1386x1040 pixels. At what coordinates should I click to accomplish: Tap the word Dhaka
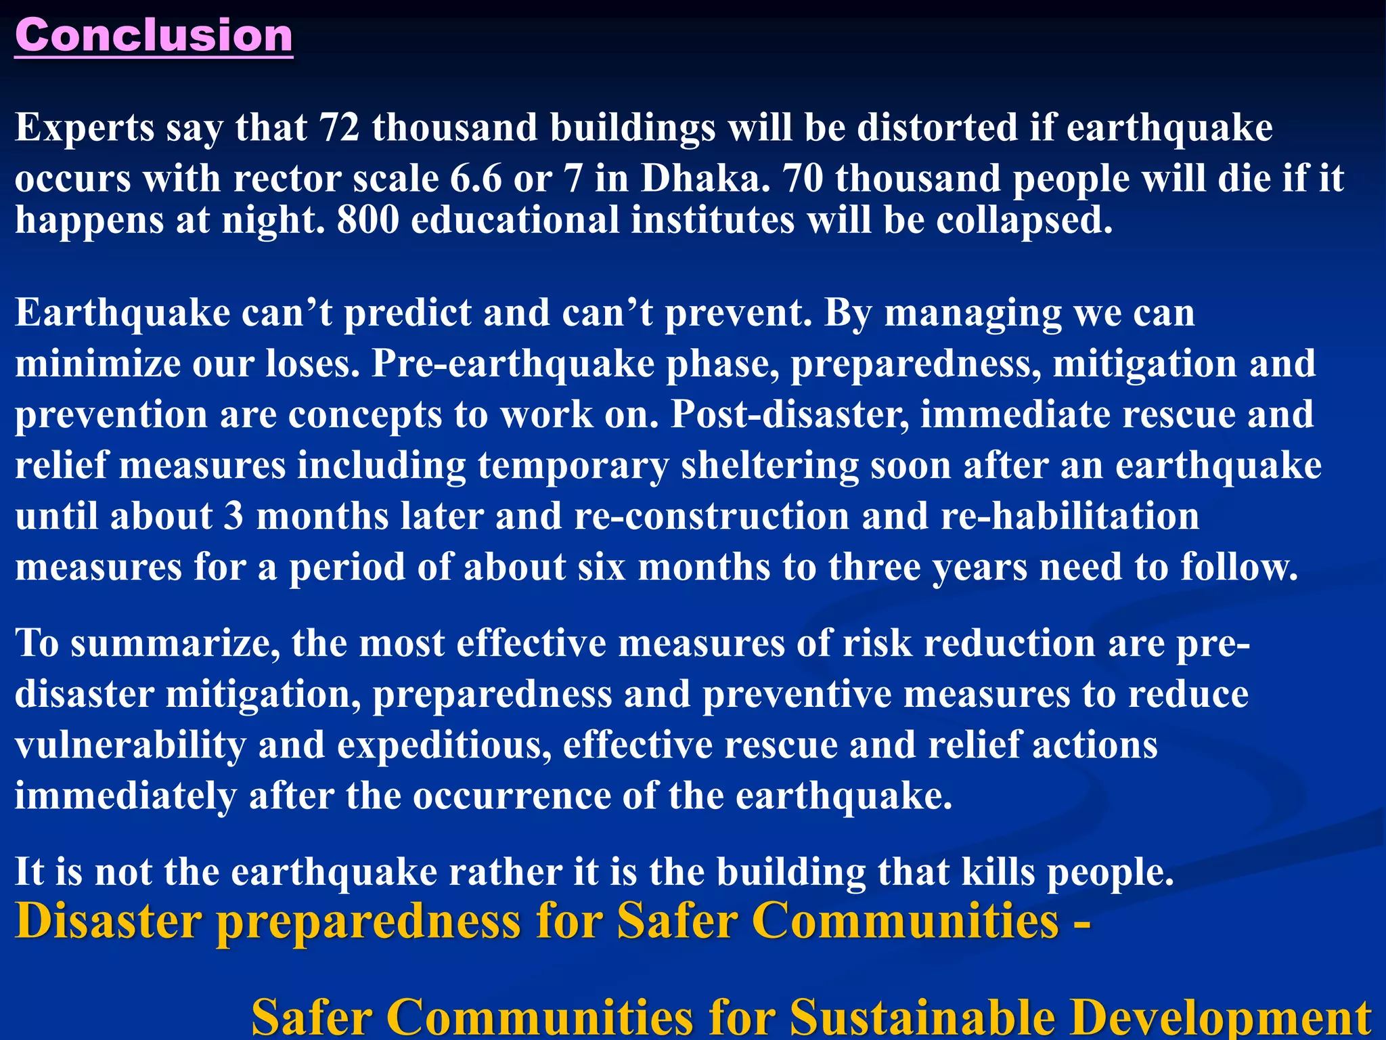point(705,179)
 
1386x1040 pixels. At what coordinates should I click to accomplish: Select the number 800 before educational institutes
point(367,220)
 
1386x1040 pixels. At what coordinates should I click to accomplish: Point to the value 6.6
point(476,179)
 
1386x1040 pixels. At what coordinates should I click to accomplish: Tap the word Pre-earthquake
point(512,364)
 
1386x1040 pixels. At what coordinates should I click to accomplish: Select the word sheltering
point(769,466)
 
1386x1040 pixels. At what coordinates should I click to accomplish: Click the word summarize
point(175,643)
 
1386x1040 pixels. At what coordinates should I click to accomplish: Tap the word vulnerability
point(130,745)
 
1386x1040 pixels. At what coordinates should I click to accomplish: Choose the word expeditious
point(444,745)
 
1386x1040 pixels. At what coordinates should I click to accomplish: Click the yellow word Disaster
point(108,922)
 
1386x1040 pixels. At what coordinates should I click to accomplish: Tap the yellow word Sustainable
point(923,1018)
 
